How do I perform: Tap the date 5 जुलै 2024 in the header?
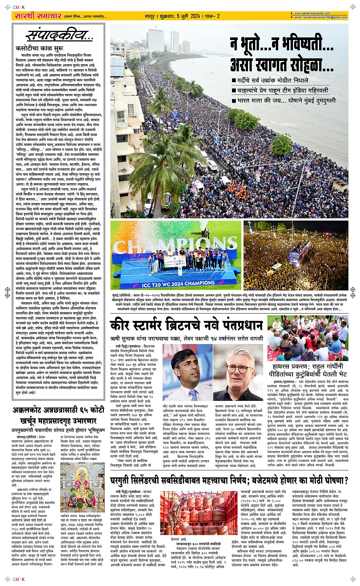(x=182, y=16)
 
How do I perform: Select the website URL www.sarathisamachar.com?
(x=312, y=14)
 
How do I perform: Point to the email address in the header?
(x=320, y=18)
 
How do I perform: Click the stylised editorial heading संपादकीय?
(x=59, y=36)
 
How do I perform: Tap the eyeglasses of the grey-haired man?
(x=238, y=368)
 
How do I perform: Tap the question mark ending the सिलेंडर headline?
(x=346, y=480)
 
